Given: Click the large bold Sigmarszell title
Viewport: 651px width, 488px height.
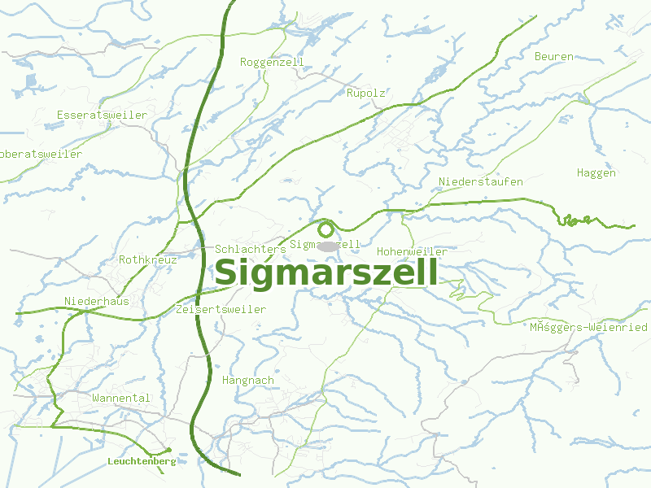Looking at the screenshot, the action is pyautogui.click(x=325, y=273).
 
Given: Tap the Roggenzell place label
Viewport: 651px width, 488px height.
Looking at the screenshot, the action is pyautogui.click(x=272, y=62).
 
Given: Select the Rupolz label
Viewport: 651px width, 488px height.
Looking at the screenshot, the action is pyautogui.click(x=365, y=94).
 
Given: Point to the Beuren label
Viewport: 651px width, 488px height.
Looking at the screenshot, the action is pyautogui.click(x=554, y=57).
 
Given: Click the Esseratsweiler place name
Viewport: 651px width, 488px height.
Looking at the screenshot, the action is pyautogui.click(x=102, y=115).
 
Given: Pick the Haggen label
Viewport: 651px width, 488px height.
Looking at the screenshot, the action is pyautogui.click(x=596, y=172).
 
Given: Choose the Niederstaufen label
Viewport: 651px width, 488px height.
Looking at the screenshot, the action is pyautogui.click(x=480, y=181).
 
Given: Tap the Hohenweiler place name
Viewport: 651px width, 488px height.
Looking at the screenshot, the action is pyautogui.click(x=412, y=251).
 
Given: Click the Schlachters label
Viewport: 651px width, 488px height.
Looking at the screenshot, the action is pyautogui.click(x=251, y=249).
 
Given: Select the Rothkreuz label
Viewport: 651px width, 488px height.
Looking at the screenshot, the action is pyautogui.click(x=148, y=259).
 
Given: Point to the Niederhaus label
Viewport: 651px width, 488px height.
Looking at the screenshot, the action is pyautogui.click(x=97, y=301).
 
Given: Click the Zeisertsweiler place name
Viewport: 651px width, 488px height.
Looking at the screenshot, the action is pyautogui.click(x=221, y=310).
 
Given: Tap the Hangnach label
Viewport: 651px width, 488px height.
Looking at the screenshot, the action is pyautogui.click(x=247, y=380).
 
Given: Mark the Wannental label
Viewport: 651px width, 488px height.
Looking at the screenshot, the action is pyautogui.click(x=121, y=398).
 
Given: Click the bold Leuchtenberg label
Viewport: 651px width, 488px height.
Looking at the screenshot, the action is pyautogui.click(x=142, y=461).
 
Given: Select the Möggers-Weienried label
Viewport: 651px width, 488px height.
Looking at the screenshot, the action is pyautogui.click(x=588, y=327).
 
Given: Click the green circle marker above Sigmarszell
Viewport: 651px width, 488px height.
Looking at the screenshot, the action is pyautogui.click(x=326, y=229).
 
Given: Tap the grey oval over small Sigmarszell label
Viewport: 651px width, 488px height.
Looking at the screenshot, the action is pyautogui.click(x=326, y=246).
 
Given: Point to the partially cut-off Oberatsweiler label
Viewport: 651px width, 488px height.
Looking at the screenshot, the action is pyautogui.click(x=41, y=154).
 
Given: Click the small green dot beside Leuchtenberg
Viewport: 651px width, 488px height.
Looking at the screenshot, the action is pyautogui.click(x=168, y=450).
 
